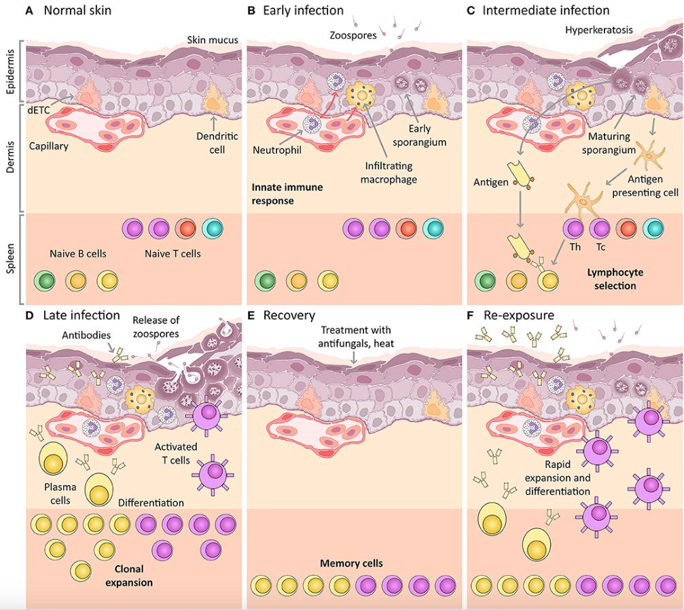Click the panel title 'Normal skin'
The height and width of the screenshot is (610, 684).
77,10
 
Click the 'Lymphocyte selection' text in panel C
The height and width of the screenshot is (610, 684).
616,279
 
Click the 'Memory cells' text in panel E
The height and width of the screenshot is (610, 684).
351,563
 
